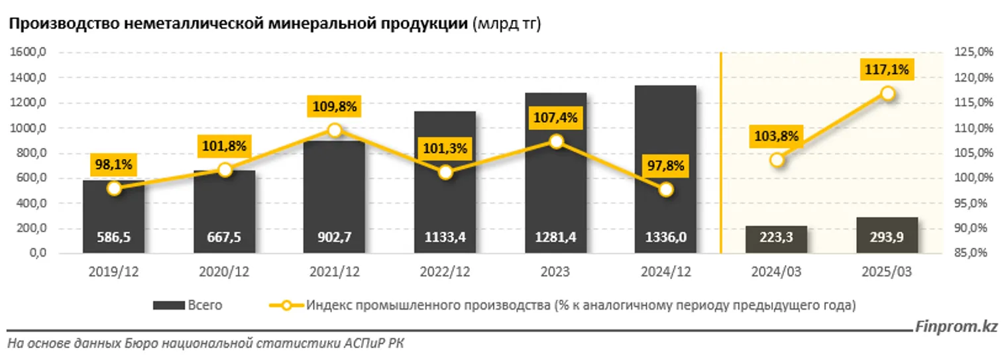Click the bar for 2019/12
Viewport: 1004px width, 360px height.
click(x=114, y=219)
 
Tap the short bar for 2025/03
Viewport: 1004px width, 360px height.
click(x=887, y=235)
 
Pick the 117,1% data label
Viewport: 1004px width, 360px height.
click(x=887, y=69)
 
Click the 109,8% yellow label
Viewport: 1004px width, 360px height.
click(x=335, y=106)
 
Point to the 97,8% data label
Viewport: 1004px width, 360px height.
click(x=665, y=165)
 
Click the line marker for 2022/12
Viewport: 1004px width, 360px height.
click(x=445, y=172)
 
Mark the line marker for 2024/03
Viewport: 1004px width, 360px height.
click(x=777, y=160)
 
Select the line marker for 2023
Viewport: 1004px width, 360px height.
click(x=556, y=141)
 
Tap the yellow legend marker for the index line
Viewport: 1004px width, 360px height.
click(x=286, y=306)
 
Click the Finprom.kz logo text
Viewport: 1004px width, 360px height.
click(x=956, y=327)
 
